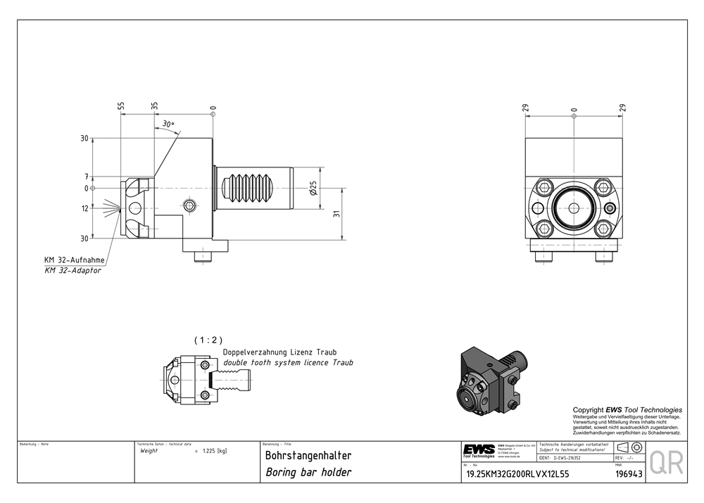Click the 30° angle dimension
pyautogui.click(x=168, y=124)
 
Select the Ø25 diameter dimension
pyautogui.click(x=313, y=189)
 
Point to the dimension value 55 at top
pyautogui.click(x=121, y=106)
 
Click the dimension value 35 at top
pyautogui.click(x=155, y=106)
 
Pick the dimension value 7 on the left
pyautogui.click(x=86, y=177)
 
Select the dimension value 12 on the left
pyautogui.click(x=85, y=208)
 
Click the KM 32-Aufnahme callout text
pyautogui.click(x=75, y=260)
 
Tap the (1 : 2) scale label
pyautogui.click(x=203, y=340)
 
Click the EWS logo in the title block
pyautogui.click(x=478, y=450)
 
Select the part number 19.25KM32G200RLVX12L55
pyautogui.click(x=517, y=473)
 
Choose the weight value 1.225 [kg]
pyautogui.click(x=214, y=451)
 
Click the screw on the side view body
pyautogui.click(x=189, y=205)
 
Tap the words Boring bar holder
pyautogui.click(x=308, y=472)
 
